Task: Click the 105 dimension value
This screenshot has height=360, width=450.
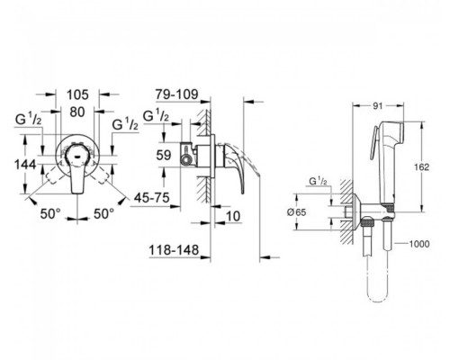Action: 77,94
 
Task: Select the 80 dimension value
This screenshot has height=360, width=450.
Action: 77,112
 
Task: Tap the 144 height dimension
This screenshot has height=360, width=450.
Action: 25,165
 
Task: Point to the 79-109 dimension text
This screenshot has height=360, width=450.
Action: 176,94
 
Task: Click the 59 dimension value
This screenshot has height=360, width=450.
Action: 164,155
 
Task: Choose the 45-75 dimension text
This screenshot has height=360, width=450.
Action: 152,197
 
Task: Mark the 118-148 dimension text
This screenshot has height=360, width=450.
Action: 174,249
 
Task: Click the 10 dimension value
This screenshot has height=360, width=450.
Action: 233,216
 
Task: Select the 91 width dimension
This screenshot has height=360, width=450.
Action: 378,105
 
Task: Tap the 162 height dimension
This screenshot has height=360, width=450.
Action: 422,166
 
